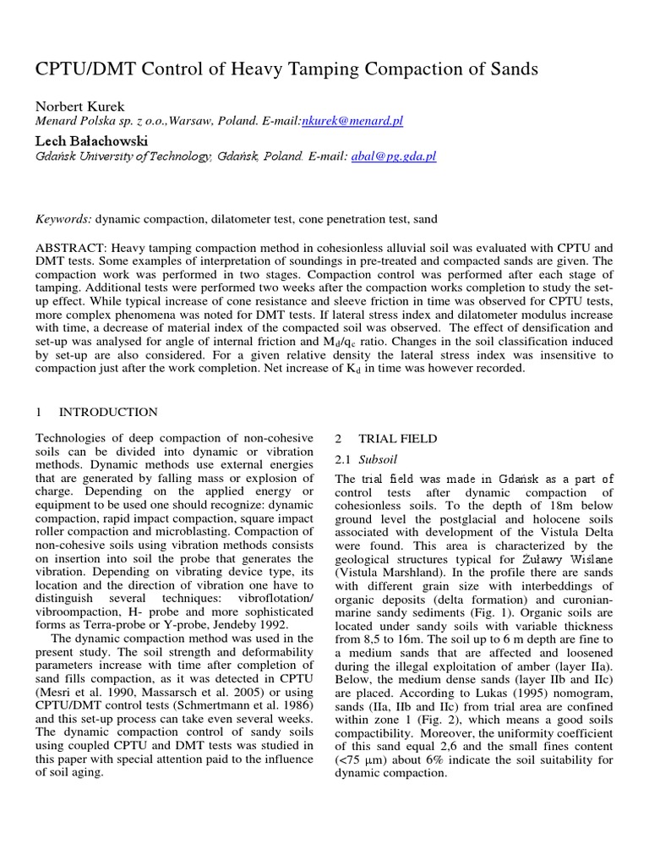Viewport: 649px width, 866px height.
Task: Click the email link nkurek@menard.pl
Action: [352, 121]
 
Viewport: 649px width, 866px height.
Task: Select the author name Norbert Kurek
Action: [79, 106]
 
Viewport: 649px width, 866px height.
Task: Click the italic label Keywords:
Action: [63, 219]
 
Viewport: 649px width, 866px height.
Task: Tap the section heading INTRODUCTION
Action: [108, 412]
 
